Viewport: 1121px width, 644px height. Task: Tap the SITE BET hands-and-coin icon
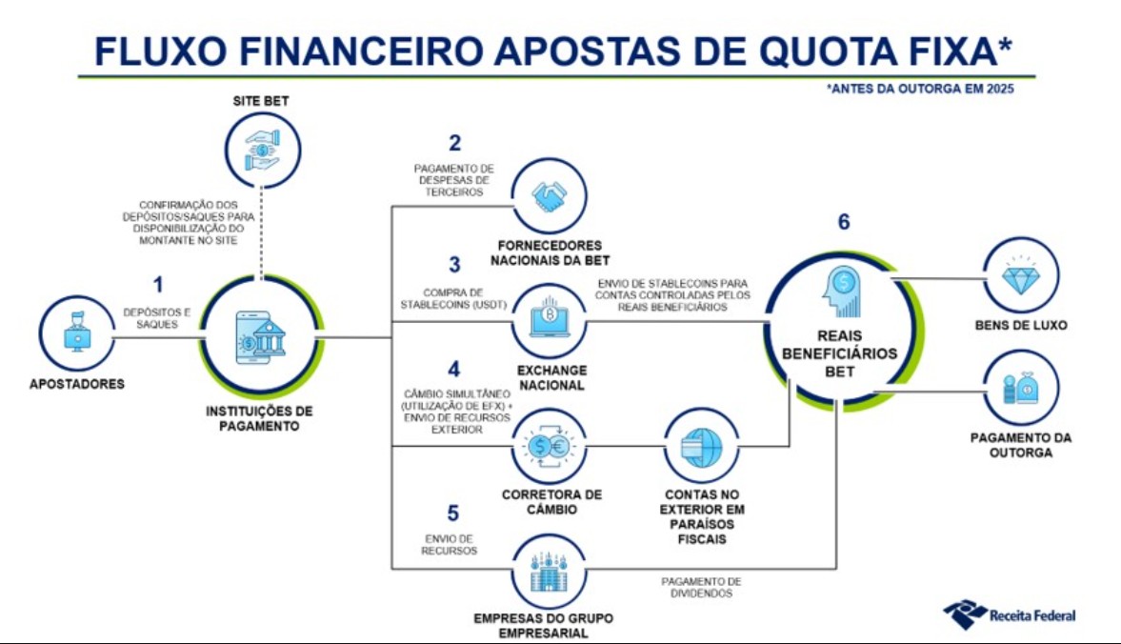(x=262, y=151)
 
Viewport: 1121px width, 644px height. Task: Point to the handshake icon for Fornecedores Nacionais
(x=549, y=196)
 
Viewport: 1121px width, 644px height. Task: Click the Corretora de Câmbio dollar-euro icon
(x=549, y=447)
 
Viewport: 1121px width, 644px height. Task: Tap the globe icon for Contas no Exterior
(x=701, y=447)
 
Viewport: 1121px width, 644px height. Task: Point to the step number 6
(x=844, y=222)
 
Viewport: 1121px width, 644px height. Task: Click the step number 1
(x=158, y=285)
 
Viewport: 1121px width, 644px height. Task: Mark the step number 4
(x=454, y=369)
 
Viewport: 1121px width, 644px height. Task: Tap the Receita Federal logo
(x=1009, y=614)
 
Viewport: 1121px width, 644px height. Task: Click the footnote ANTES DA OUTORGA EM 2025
(x=920, y=89)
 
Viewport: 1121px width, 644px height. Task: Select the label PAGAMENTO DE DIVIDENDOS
(x=701, y=588)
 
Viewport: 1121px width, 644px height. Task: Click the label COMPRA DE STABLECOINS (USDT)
(x=453, y=299)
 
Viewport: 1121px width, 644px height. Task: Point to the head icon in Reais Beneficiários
(x=841, y=292)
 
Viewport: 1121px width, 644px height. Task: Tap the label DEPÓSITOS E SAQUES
(x=156, y=318)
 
